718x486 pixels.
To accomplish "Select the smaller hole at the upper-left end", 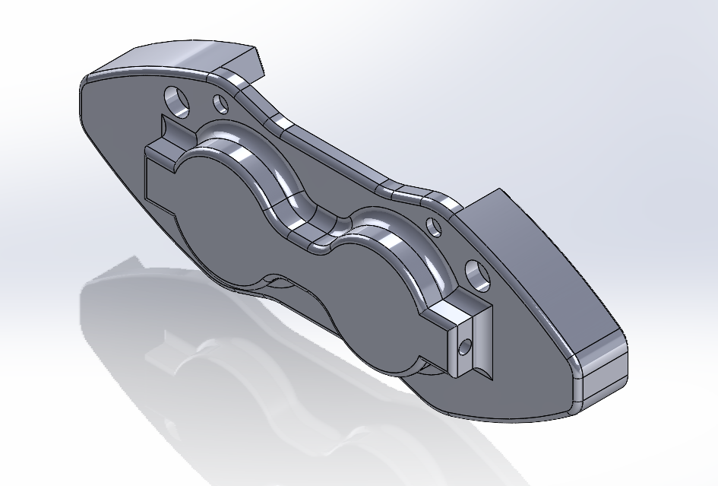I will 221,103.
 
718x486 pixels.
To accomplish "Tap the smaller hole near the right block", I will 433,227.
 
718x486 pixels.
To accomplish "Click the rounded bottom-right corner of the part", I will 600,380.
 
